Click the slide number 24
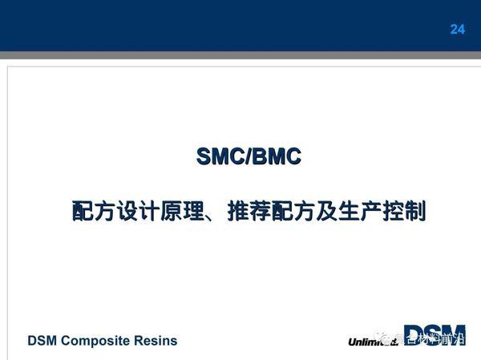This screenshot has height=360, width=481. tap(457, 30)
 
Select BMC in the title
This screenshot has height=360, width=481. tap(277, 156)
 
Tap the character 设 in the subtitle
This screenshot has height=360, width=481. tap(127, 212)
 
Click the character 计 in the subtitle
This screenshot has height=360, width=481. tap(149, 212)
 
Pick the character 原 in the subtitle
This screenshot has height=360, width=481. tap(172, 212)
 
